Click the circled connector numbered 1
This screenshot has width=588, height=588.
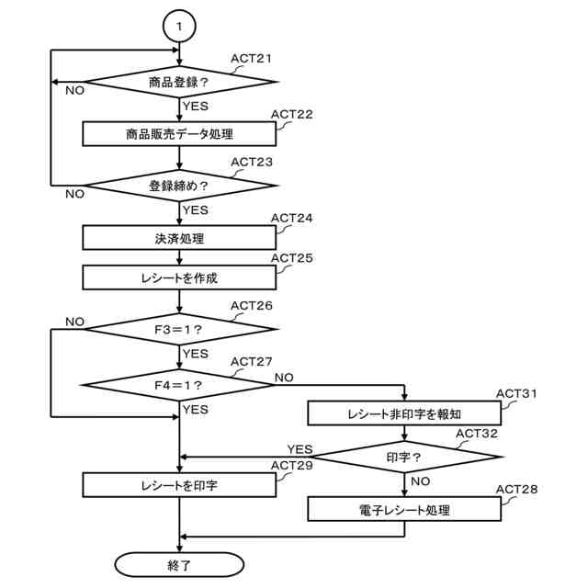point(178,26)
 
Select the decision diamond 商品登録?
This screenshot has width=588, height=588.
point(178,81)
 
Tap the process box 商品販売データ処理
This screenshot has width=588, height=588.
point(178,133)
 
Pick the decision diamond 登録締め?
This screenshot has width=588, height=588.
point(178,185)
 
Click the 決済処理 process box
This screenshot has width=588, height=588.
point(178,237)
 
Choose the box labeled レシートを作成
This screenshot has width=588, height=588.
point(178,276)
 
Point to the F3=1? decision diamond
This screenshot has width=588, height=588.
point(178,327)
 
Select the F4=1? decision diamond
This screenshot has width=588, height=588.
point(178,379)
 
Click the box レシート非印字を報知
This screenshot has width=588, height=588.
point(403,413)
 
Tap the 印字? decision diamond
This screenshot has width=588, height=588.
point(403,456)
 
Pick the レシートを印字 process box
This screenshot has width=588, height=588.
point(178,483)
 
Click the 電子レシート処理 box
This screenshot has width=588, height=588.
point(403,508)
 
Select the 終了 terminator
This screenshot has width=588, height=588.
point(178,560)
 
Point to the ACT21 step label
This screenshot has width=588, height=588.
point(251,59)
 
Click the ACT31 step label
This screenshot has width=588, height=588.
point(516,393)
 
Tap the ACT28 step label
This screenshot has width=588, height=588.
point(516,488)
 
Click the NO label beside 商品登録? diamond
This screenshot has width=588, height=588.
point(73,90)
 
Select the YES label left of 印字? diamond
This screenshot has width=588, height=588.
point(300,448)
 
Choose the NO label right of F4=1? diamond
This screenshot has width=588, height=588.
point(285,377)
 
